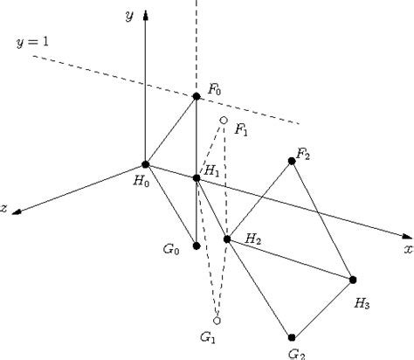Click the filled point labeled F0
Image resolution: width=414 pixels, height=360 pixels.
click(x=197, y=96)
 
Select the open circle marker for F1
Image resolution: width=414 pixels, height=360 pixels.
click(x=224, y=121)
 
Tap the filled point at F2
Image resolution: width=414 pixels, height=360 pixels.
click(x=292, y=161)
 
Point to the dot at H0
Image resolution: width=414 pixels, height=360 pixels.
click(x=145, y=164)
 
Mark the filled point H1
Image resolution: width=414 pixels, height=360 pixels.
click(x=197, y=178)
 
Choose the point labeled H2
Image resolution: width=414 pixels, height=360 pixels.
click(x=227, y=239)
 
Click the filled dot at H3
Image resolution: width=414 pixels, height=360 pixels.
click(x=354, y=280)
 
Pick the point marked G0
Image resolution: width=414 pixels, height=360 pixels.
click(x=197, y=246)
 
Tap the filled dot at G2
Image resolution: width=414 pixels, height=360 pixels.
click(x=292, y=336)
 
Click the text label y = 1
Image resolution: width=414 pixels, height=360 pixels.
click(x=33, y=43)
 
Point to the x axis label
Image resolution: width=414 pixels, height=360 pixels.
click(x=407, y=249)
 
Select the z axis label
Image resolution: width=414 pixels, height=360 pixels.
click(x=6, y=209)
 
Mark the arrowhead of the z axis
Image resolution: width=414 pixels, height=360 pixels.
click(x=18, y=211)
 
